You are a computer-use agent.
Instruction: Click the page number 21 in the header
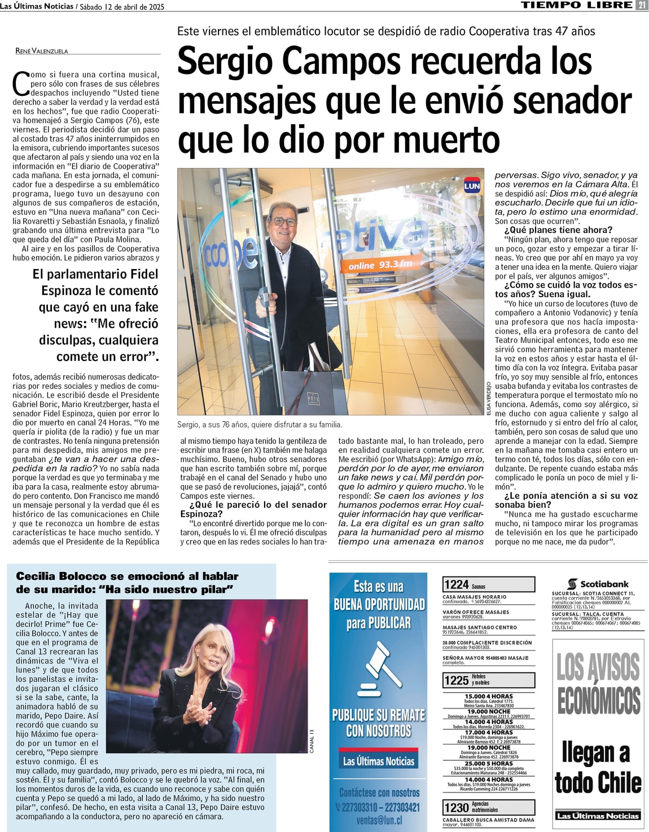click(642, 5)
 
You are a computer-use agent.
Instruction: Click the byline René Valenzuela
click(42, 51)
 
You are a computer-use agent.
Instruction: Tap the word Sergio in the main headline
click(223, 61)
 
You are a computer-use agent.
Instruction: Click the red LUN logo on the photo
click(472, 186)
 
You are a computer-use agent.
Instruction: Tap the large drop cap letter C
click(21, 83)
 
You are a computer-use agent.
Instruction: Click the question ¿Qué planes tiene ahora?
click(558, 230)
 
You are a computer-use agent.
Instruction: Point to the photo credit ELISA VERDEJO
click(489, 398)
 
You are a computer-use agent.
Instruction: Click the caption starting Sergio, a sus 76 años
click(260, 424)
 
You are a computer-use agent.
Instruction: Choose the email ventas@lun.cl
click(379, 820)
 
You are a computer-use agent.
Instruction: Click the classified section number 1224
click(456, 584)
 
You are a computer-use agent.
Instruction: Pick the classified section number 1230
click(456, 807)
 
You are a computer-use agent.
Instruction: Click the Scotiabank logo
click(598, 584)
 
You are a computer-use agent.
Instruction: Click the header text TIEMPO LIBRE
click(576, 5)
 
